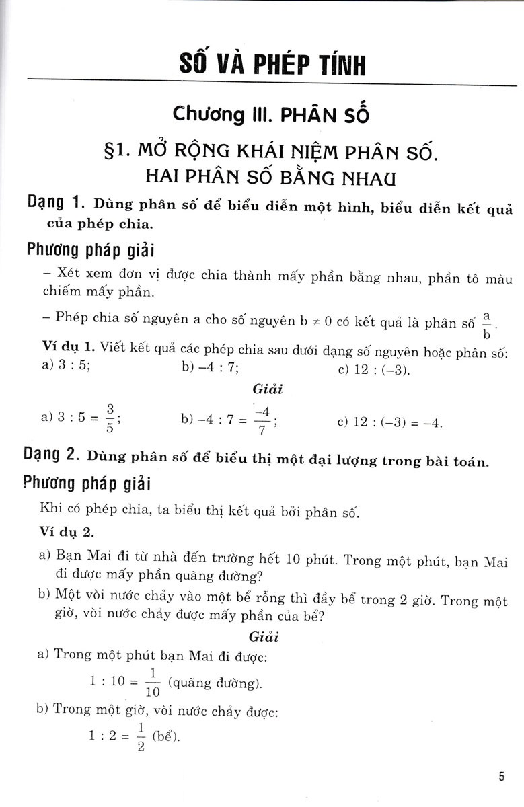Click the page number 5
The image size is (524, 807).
pyautogui.click(x=501, y=777)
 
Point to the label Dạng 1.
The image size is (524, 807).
pyautogui.click(x=57, y=202)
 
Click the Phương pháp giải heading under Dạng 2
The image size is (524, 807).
pyautogui.click(x=87, y=484)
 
